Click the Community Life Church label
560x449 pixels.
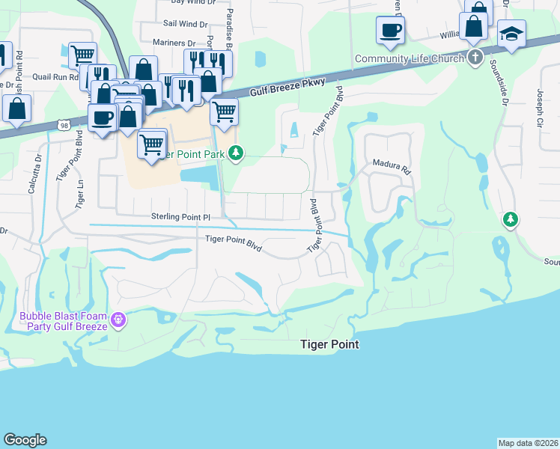pyautogui.click(x=410, y=58)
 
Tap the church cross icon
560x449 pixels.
pyautogui.click(x=475, y=58)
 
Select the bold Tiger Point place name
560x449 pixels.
pyautogui.click(x=329, y=344)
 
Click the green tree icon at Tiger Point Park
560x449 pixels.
pyautogui.click(x=236, y=153)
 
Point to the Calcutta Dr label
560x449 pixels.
pyautogui.click(x=33, y=174)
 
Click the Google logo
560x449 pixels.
pyautogui.click(x=25, y=440)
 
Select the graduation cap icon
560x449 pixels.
pyautogui.click(x=512, y=34)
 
